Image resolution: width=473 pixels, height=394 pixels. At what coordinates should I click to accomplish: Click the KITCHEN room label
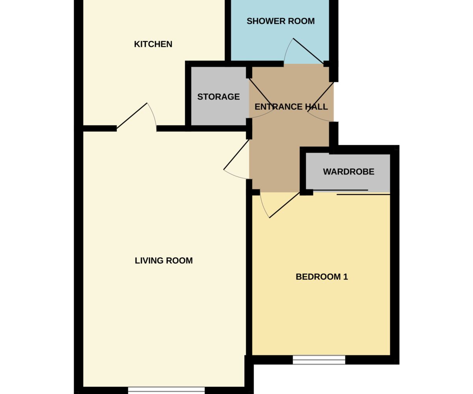pos(153,44)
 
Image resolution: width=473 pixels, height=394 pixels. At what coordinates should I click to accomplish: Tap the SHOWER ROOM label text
pos(281,21)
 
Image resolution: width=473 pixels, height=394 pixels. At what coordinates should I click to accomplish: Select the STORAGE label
pos(218,97)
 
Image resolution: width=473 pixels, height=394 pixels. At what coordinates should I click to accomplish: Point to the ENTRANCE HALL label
pos(291,107)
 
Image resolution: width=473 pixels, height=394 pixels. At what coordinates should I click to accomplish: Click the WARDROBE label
pos(348,172)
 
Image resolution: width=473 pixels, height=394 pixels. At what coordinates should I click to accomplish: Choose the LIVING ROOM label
pos(164,260)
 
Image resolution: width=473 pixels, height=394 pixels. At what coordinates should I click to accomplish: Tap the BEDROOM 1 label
pos(322,277)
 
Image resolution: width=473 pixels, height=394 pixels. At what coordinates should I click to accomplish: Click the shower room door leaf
pos(308,51)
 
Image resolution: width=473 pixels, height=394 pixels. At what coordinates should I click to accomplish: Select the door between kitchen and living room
pos(132,116)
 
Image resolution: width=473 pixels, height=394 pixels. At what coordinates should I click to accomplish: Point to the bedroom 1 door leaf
pos(285,205)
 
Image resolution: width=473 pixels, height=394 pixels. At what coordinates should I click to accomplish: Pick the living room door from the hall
pos(236,155)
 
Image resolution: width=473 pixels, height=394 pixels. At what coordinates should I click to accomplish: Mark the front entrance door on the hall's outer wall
pos(320,97)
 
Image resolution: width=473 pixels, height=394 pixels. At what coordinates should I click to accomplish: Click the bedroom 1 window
pos(319,360)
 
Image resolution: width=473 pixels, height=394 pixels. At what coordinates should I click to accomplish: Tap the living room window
pos(166,390)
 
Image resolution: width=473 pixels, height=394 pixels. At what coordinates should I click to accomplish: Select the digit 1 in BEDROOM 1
pos(345,277)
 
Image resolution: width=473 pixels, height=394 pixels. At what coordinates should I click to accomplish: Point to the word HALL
pos(317,107)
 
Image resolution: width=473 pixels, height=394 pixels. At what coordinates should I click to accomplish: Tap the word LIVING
pos(149,260)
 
